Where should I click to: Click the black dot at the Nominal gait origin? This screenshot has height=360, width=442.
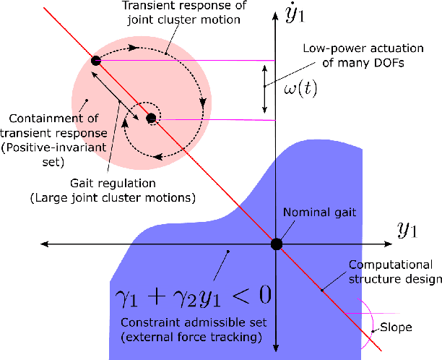(x=277, y=244)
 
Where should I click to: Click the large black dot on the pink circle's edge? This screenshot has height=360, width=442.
(x=95, y=61)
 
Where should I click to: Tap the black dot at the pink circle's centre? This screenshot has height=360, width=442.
(x=151, y=118)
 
